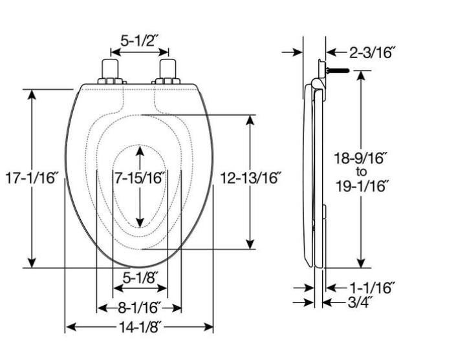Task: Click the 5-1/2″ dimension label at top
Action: click(x=139, y=41)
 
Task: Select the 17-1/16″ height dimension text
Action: click(x=34, y=178)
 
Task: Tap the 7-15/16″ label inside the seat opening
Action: click(x=140, y=178)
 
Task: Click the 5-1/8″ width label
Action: click(x=140, y=278)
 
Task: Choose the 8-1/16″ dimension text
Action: click(x=139, y=308)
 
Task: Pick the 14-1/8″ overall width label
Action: click(x=140, y=328)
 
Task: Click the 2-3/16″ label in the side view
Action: click(x=373, y=52)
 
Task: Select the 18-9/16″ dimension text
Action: click(x=361, y=158)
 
